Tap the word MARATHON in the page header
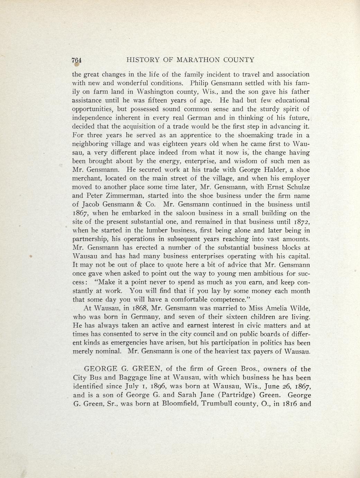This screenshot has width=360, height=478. point(198,60)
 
